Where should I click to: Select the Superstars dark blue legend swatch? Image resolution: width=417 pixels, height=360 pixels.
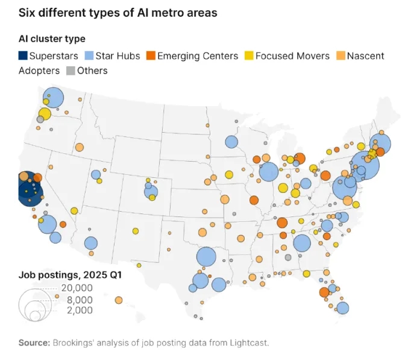(23, 56)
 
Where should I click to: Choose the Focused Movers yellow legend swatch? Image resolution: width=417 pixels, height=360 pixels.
(248, 56)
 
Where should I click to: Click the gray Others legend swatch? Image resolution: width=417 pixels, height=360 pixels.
(71, 71)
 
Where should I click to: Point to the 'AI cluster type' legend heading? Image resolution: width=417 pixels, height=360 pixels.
(52, 39)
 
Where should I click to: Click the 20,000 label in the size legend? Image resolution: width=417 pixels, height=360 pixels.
(77, 288)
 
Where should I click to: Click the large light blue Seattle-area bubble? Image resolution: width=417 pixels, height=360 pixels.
(54, 96)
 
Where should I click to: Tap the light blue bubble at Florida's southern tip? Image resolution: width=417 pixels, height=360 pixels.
(343, 308)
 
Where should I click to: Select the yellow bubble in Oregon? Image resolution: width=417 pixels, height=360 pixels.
(45, 113)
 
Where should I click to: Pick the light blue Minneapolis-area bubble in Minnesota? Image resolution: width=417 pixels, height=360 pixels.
(231, 142)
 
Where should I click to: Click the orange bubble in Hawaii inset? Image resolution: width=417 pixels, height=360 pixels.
(119, 300)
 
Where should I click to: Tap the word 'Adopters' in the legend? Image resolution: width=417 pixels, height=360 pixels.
(39, 71)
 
